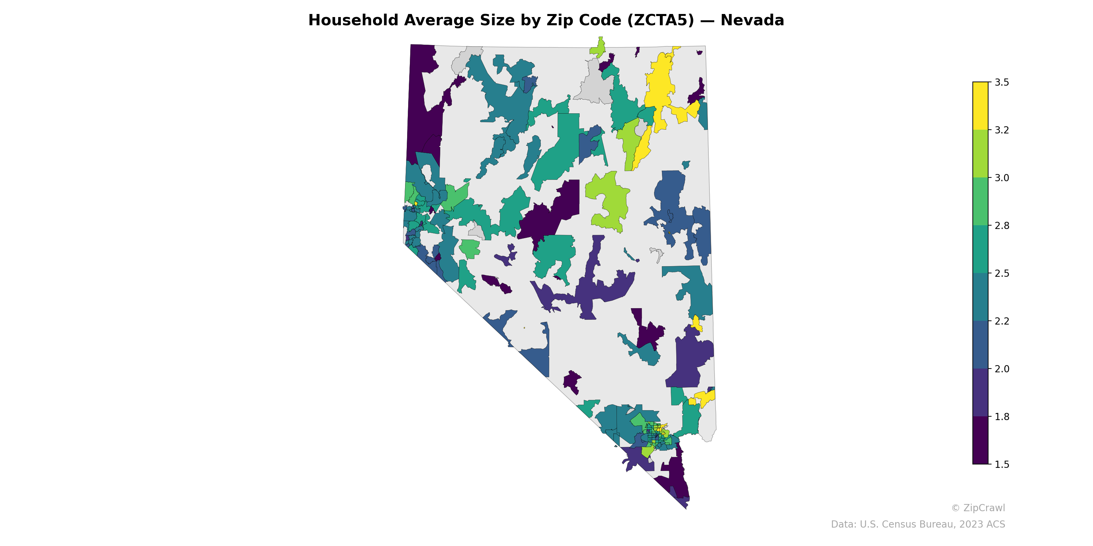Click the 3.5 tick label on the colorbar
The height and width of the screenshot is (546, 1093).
[1001, 82]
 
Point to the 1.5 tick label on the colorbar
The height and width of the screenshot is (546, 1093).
[1001, 464]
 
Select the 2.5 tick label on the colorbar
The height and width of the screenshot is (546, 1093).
[1001, 273]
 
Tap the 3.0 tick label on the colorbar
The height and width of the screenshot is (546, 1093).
[1001, 177]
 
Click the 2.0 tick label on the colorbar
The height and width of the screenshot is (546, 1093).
[1001, 369]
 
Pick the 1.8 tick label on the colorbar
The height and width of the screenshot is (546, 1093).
[1001, 417]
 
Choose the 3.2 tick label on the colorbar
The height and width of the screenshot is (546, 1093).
[1001, 130]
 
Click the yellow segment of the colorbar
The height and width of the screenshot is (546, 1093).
[980, 106]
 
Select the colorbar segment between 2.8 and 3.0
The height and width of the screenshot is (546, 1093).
[980, 201]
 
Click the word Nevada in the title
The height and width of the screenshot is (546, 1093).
[752, 20]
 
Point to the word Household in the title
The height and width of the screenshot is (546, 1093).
[354, 20]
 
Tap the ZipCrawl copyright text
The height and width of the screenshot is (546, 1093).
[978, 508]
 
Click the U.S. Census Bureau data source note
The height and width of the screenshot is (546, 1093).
[917, 525]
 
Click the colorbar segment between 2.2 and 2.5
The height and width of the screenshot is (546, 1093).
[980, 297]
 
